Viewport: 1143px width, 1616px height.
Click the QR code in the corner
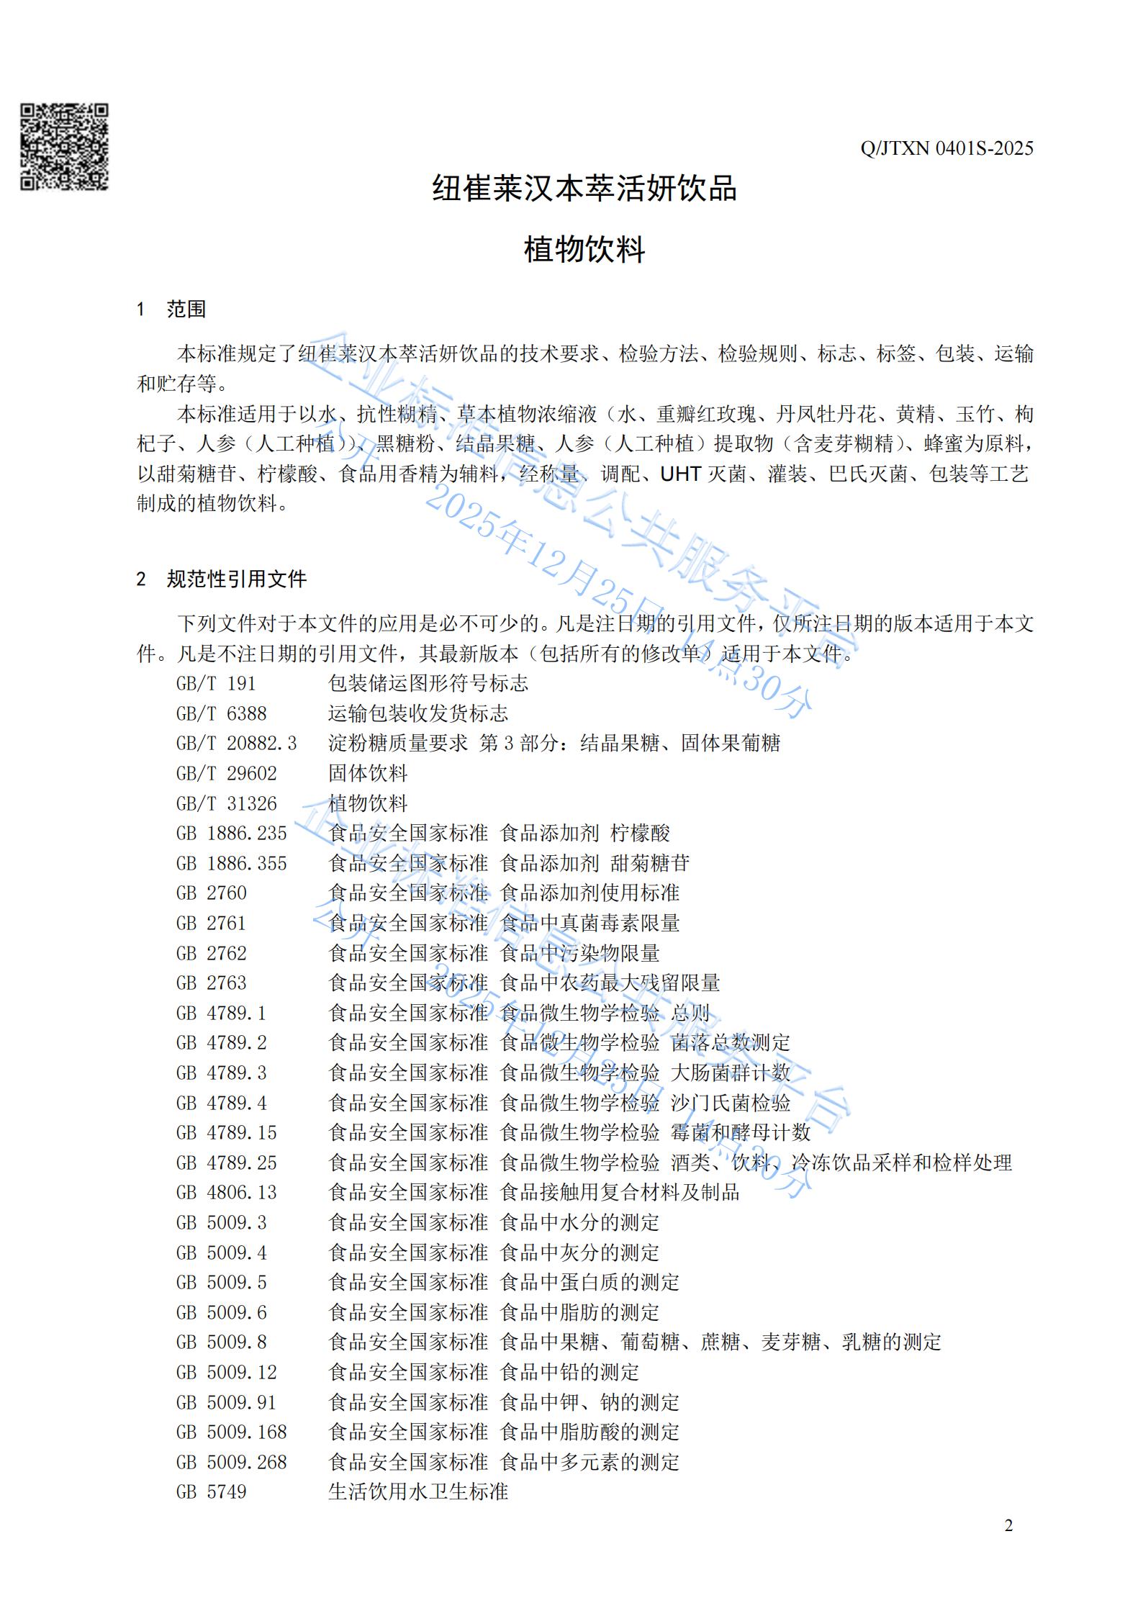coord(64,147)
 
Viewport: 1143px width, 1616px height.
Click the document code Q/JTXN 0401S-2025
coord(947,149)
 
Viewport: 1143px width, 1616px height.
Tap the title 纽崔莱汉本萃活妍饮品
coord(584,189)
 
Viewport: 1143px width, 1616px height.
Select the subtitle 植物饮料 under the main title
coord(584,250)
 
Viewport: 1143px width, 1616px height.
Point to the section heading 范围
coord(186,310)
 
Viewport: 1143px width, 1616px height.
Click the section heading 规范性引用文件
coord(236,579)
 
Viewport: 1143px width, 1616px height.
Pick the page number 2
coord(1008,1545)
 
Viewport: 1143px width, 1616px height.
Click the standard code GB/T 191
coord(216,683)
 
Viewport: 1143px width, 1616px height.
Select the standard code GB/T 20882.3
coord(236,743)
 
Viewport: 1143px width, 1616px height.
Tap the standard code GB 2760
coord(211,893)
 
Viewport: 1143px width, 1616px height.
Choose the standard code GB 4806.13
coord(226,1193)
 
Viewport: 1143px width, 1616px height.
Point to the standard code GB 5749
coord(211,1492)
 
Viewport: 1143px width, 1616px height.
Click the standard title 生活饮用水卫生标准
coord(418,1492)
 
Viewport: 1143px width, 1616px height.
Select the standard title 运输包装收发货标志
coord(418,713)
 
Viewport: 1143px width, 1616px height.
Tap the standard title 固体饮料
coord(368,773)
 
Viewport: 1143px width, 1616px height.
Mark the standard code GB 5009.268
coord(231,1462)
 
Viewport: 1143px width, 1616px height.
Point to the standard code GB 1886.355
coord(231,863)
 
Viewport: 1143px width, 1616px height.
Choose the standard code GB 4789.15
coord(226,1133)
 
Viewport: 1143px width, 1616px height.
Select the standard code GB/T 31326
coord(226,803)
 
